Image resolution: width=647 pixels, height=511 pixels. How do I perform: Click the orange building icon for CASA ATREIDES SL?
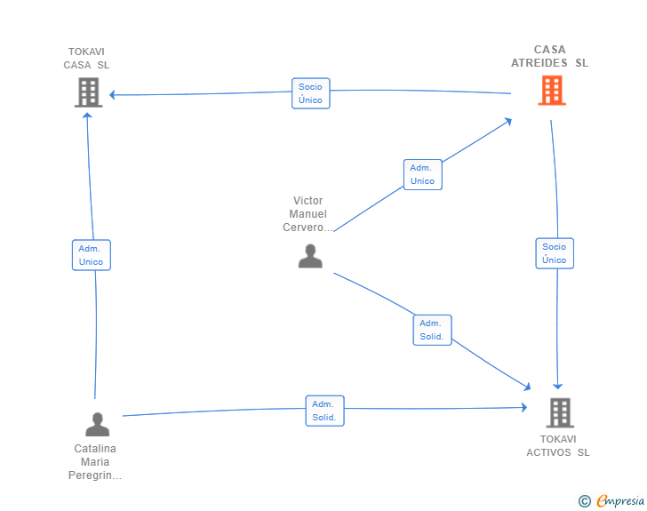(552, 91)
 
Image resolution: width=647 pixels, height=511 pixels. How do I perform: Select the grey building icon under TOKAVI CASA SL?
(88, 92)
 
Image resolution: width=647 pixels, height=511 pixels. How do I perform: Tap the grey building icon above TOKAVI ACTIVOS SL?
(560, 412)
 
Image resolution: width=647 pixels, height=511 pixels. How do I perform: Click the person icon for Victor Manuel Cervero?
(310, 256)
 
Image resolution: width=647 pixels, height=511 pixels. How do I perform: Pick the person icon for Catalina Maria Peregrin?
(98, 424)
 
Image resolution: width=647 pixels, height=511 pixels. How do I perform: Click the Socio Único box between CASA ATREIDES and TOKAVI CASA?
(311, 93)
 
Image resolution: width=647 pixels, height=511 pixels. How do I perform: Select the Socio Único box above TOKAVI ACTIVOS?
(555, 253)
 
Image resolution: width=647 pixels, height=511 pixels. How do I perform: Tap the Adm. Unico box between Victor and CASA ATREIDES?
(422, 174)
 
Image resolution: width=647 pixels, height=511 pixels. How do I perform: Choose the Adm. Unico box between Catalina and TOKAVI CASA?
(92, 255)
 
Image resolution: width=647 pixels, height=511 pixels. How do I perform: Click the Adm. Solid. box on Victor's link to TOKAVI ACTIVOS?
(433, 330)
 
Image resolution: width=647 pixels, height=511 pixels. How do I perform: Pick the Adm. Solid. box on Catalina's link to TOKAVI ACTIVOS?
(324, 411)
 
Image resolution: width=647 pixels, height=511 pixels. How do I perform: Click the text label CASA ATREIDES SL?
(549, 56)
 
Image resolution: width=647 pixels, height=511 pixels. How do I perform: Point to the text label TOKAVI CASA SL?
(86, 58)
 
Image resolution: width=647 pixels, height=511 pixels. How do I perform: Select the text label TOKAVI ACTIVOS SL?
(558, 446)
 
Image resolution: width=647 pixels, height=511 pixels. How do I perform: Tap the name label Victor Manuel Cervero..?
(308, 214)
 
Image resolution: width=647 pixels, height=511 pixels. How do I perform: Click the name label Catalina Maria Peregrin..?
(95, 462)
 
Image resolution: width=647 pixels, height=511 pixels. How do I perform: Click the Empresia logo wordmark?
(620, 500)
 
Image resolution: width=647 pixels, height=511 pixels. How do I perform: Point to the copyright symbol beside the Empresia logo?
(584, 501)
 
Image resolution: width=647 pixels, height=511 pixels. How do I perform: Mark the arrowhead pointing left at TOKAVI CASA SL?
(112, 95)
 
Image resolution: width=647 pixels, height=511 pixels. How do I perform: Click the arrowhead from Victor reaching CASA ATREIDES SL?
(508, 122)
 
